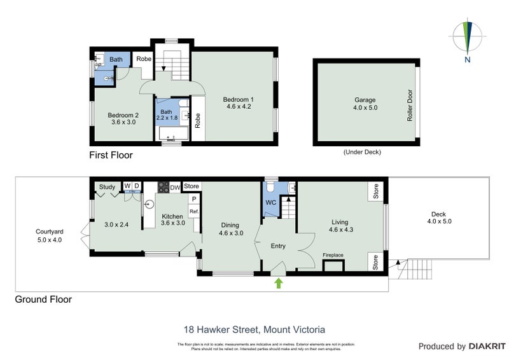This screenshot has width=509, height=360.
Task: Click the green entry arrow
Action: pyautogui.click(x=277, y=283)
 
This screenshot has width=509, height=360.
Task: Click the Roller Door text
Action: pyautogui.click(x=410, y=105)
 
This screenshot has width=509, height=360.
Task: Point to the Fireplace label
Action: pyautogui.click(x=333, y=255)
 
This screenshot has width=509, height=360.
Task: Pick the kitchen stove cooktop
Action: pyautogui.click(x=162, y=187)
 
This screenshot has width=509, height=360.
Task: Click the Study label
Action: pyautogui.click(x=107, y=187)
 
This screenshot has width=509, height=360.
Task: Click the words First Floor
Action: pyautogui.click(x=111, y=155)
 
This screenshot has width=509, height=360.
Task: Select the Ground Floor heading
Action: pyautogui.click(x=43, y=299)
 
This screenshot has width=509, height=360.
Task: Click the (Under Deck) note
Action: pyautogui.click(x=365, y=152)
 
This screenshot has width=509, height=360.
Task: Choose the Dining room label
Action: pyautogui.click(x=232, y=229)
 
